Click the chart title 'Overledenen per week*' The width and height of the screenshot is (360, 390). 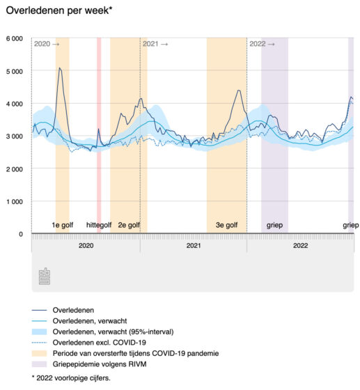59,10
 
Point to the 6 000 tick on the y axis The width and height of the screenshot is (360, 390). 15,39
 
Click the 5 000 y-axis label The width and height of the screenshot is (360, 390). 15,71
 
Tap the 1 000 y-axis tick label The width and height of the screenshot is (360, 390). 15,201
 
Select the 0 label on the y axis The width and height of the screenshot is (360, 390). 21,234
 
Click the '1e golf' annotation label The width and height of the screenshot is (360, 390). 63,225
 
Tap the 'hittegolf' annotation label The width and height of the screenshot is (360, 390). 99,225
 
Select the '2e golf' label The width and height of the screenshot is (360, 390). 129,225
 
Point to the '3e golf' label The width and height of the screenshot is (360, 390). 226,225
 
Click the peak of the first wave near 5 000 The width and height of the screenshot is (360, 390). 60,68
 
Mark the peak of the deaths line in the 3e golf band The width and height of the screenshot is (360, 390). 239,91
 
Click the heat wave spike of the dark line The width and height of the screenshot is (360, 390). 98,129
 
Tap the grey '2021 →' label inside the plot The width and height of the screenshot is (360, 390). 155,44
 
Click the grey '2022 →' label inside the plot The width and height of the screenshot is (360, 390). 262,44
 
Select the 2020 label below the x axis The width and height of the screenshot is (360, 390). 86,246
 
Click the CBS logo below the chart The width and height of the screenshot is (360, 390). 45,276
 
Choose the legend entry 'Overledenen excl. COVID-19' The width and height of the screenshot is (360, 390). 99,343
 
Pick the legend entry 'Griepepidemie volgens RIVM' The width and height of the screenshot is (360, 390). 100,364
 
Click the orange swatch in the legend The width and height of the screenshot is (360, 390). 39,354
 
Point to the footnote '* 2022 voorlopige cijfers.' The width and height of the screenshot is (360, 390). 71,378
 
